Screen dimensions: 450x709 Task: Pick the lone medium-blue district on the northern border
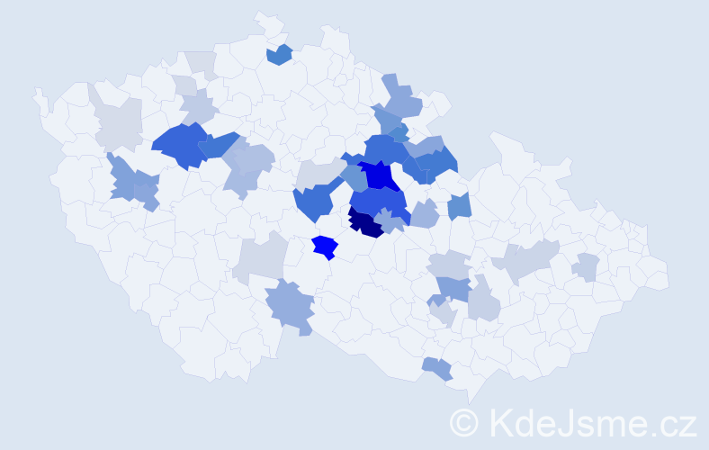(280, 54)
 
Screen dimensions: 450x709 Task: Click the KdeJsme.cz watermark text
(589, 422)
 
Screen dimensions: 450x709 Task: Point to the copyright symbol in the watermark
(465, 422)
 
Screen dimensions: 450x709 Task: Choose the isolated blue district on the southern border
(436, 367)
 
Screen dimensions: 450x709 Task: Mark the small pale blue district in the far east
(587, 267)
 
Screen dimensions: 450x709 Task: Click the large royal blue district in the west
(178, 144)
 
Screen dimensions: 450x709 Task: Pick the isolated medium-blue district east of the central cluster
(460, 206)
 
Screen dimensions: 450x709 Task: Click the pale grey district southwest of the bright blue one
(260, 260)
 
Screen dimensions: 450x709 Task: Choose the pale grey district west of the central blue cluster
(317, 173)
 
